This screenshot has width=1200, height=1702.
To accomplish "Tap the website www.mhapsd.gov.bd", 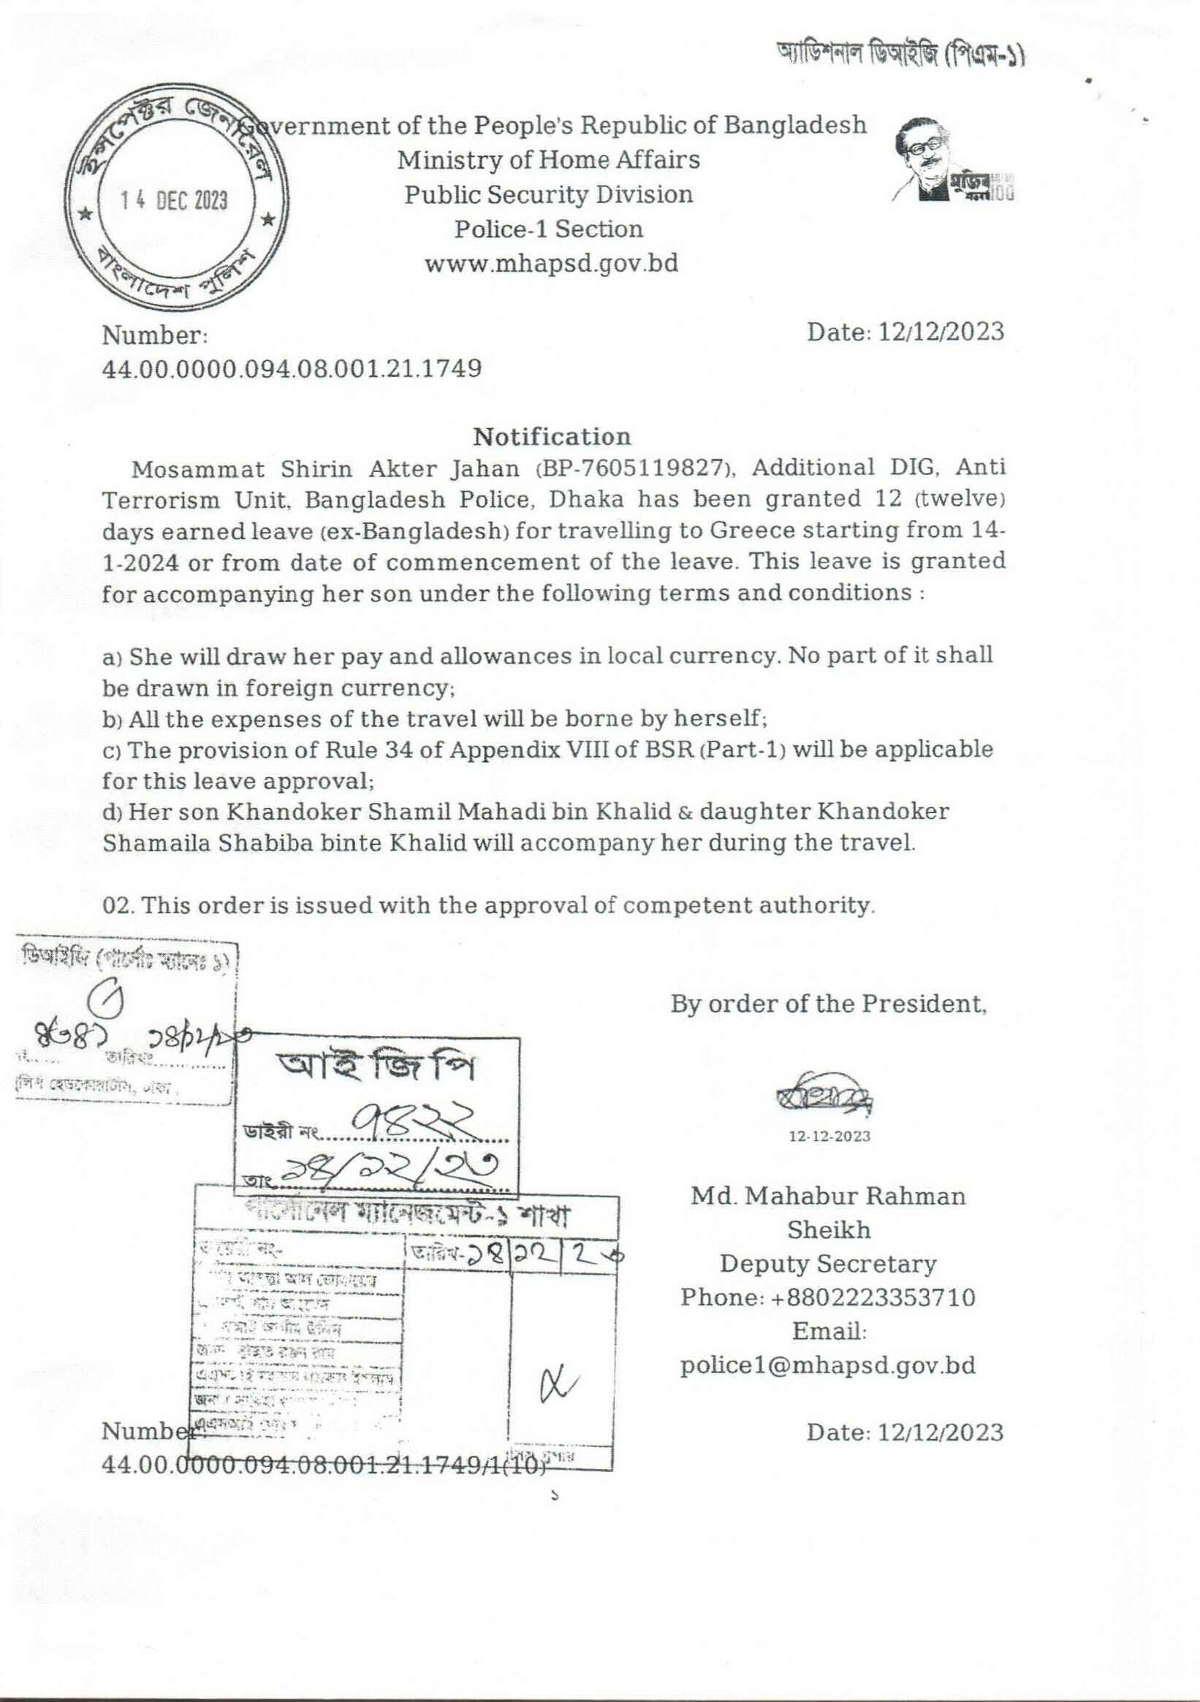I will [x=550, y=264].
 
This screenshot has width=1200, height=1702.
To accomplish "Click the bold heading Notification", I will [x=552, y=436].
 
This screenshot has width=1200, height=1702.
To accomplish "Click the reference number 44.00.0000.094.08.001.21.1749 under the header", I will [x=292, y=367].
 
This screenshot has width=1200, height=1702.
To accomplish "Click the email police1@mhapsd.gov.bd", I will [x=828, y=1365].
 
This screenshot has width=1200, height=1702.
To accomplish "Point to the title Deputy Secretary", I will [x=828, y=1263].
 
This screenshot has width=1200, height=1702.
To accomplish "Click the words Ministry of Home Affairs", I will [x=548, y=159].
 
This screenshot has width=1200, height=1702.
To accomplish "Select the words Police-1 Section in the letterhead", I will [x=548, y=229].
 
